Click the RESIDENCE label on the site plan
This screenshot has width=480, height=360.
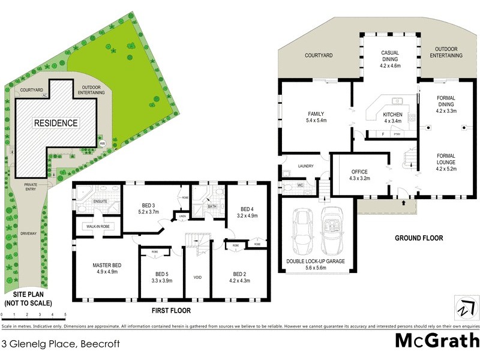pyautogui.click(x=56, y=123)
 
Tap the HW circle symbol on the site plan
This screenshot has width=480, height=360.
pyautogui.click(x=102, y=143)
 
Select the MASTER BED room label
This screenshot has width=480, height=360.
pyautogui.click(x=107, y=265)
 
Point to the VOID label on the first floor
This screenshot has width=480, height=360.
pyautogui.click(x=197, y=277)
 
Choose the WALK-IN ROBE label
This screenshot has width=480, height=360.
pyautogui.click(x=96, y=227)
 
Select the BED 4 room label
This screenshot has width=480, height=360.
pyautogui.click(x=247, y=209)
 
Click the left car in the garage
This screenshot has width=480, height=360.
pyautogui.click(x=301, y=231)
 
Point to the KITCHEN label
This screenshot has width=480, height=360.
pyautogui.click(x=392, y=114)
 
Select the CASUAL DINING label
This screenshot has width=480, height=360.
pyautogui.click(x=390, y=56)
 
